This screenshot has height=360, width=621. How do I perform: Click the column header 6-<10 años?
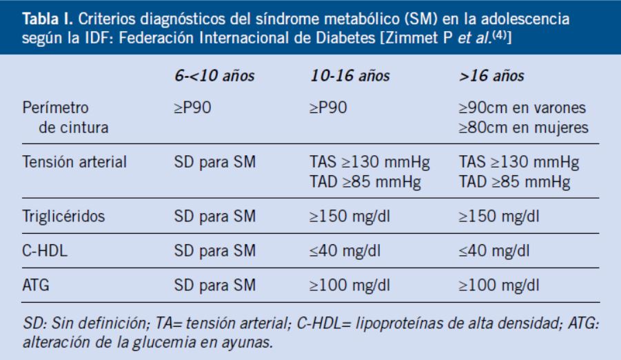click(x=214, y=76)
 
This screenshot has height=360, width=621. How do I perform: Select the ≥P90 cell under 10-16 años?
click(x=328, y=109)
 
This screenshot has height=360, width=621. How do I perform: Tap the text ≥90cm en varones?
click(x=522, y=109)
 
